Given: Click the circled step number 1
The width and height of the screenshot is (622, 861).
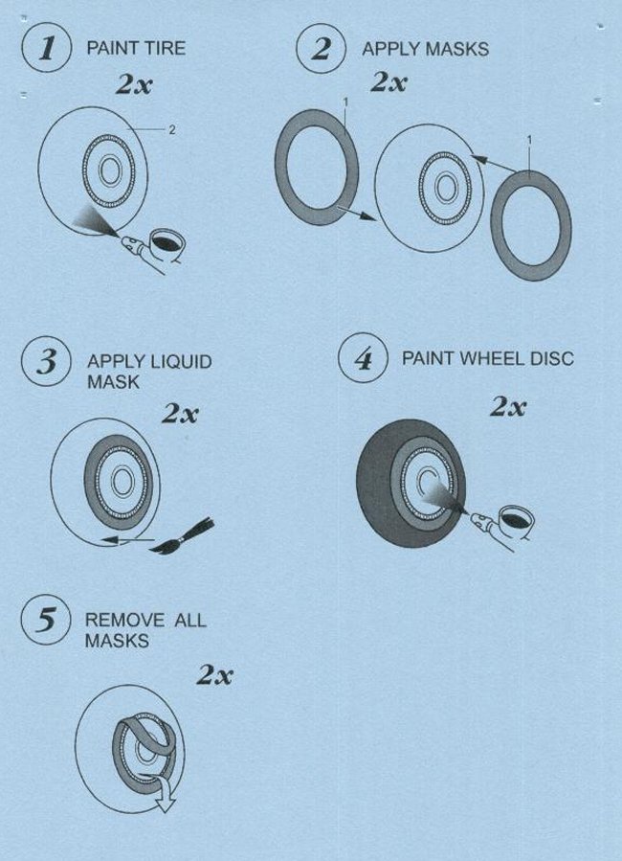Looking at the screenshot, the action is click(x=47, y=47).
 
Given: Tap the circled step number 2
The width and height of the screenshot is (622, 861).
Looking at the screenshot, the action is click(x=321, y=48).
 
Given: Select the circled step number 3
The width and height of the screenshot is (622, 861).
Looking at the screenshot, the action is click(x=46, y=361).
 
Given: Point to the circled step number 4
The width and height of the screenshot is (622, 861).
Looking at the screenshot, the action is click(x=363, y=358).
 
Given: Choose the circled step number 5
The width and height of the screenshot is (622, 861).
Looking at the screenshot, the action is click(x=46, y=620).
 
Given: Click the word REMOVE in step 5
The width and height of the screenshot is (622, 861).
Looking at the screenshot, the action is click(x=124, y=621).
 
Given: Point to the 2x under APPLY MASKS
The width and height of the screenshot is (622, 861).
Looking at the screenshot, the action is click(x=389, y=82).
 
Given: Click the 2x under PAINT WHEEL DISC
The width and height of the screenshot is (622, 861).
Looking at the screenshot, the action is click(x=508, y=407).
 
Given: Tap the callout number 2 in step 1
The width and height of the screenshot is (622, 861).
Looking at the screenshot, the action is click(x=172, y=130).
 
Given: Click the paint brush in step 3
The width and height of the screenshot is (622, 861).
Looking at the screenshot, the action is click(x=182, y=536).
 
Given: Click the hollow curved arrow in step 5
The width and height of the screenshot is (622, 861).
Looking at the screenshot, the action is click(x=162, y=791).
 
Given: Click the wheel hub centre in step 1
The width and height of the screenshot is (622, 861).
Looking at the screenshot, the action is click(x=110, y=170).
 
